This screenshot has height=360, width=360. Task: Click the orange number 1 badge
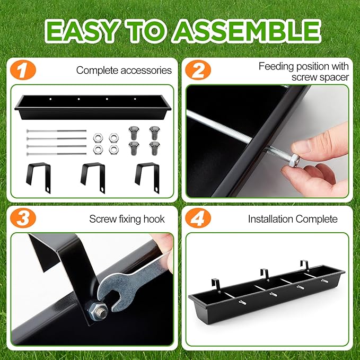click(x=23, y=70)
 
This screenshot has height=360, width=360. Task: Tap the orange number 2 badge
click(x=198, y=70)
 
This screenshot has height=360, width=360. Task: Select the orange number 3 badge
click(x=23, y=218)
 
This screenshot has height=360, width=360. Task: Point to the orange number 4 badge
click(x=198, y=218)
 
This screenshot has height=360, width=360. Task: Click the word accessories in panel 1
click(x=146, y=71)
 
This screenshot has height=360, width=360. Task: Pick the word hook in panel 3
click(x=154, y=219)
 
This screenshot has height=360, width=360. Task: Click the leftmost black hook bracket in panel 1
click(x=39, y=177)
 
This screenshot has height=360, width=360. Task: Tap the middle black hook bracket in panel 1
click(x=93, y=177)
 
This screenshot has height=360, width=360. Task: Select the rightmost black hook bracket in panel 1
click(x=147, y=177)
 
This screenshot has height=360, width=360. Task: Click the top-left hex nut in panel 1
click(x=98, y=138)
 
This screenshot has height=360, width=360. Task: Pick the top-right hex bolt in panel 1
click(x=154, y=133)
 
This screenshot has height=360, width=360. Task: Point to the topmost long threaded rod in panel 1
click(x=57, y=131)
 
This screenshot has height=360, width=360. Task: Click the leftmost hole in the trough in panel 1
click(x=50, y=99)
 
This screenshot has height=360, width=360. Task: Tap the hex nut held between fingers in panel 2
click(x=294, y=161)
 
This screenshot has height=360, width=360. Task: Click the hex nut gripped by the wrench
click(x=97, y=311)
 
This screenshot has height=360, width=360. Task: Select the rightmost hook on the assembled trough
click(x=305, y=266)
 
